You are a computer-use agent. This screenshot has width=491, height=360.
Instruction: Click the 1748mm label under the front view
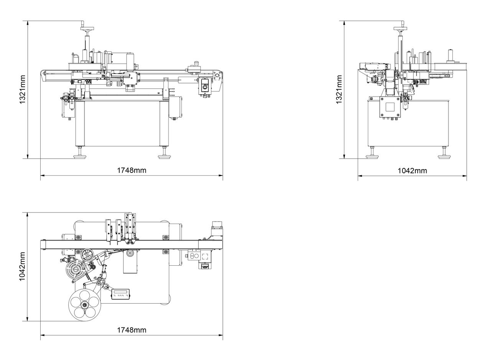tap(132, 170)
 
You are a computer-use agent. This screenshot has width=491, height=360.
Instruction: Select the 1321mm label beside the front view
tap(23, 90)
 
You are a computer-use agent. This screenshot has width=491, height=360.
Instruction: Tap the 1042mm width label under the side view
tap(412, 171)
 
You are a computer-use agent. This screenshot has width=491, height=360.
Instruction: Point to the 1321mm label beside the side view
tap(339, 90)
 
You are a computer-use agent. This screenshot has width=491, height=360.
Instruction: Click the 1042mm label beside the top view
tap(23, 267)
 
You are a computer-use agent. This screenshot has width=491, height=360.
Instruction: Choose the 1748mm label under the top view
tap(132, 330)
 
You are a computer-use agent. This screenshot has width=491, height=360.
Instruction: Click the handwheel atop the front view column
tap(87, 27)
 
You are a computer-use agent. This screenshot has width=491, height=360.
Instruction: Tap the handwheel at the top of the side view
tap(400, 28)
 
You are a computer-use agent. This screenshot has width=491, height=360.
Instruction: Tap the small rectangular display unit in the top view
tap(120, 294)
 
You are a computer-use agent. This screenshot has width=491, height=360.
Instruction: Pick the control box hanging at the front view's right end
tap(204, 87)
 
